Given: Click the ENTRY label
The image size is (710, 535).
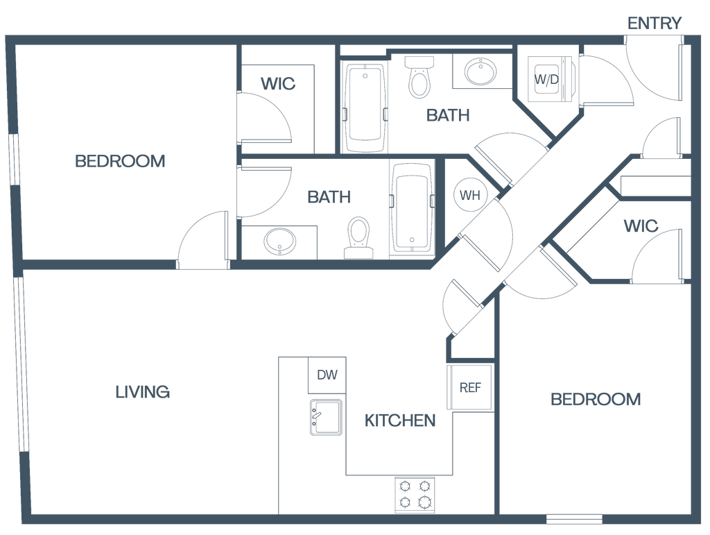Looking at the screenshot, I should click(655, 23).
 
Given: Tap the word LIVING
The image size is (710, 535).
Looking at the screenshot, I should click(143, 392).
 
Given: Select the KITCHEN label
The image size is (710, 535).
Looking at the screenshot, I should click(400, 420).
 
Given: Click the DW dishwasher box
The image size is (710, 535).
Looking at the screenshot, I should click(327, 376).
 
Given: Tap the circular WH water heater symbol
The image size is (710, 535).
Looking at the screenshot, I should click(470, 195).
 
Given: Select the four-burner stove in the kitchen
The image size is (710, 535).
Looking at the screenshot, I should click(415, 493).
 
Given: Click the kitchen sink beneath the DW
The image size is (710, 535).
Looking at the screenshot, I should click(326, 417).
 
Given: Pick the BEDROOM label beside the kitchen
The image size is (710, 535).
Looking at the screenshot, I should click(596, 399).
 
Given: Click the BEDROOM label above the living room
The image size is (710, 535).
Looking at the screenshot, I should click(121, 162).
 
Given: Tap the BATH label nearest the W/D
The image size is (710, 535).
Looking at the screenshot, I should click(448, 115).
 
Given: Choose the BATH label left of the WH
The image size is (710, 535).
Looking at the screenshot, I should click(329, 198).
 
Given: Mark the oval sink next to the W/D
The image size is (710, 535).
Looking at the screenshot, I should click(480, 70).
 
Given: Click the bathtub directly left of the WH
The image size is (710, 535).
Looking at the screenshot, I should click(412, 208).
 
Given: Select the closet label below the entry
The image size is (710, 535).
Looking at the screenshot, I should click(641, 226).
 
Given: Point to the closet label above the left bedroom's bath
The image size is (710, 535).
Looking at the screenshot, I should click(278, 85).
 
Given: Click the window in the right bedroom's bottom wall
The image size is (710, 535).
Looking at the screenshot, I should click(573, 518).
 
